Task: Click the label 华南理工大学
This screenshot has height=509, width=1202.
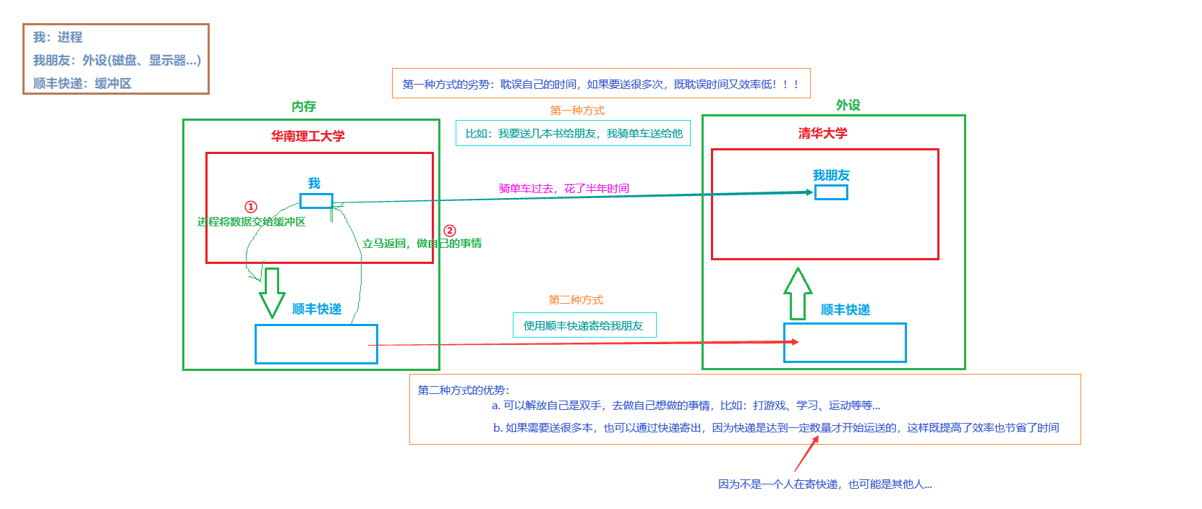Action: click(307, 136)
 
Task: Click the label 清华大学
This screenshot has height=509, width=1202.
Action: click(822, 133)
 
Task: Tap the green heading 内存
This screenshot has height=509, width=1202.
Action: click(304, 106)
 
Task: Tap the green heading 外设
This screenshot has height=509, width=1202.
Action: click(848, 105)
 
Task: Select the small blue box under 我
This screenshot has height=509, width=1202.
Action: click(316, 201)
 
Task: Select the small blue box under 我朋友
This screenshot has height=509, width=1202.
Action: click(831, 192)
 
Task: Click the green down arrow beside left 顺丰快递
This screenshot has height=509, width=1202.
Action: click(272, 292)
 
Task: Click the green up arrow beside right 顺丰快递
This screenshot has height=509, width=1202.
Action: click(798, 294)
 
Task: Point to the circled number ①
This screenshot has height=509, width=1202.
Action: click(250, 207)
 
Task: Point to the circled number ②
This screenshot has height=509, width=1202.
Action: click(450, 231)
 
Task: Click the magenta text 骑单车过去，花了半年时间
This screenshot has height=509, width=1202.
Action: click(563, 189)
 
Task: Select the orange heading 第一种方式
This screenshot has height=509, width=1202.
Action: click(576, 111)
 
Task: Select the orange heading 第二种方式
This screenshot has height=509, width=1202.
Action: click(575, 300)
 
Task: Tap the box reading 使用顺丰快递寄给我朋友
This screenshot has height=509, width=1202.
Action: click(584, 325)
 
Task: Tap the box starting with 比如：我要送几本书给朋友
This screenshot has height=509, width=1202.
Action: click(573, 133)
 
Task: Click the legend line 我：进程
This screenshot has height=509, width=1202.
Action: click(58, 37)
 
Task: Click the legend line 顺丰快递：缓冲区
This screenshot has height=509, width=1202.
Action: click(82, 83)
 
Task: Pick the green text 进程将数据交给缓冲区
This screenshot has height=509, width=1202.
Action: click(251, 222)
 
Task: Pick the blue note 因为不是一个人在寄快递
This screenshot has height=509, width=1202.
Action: click(824, 484)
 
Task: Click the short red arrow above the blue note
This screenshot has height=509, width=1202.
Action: click(806, 454)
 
